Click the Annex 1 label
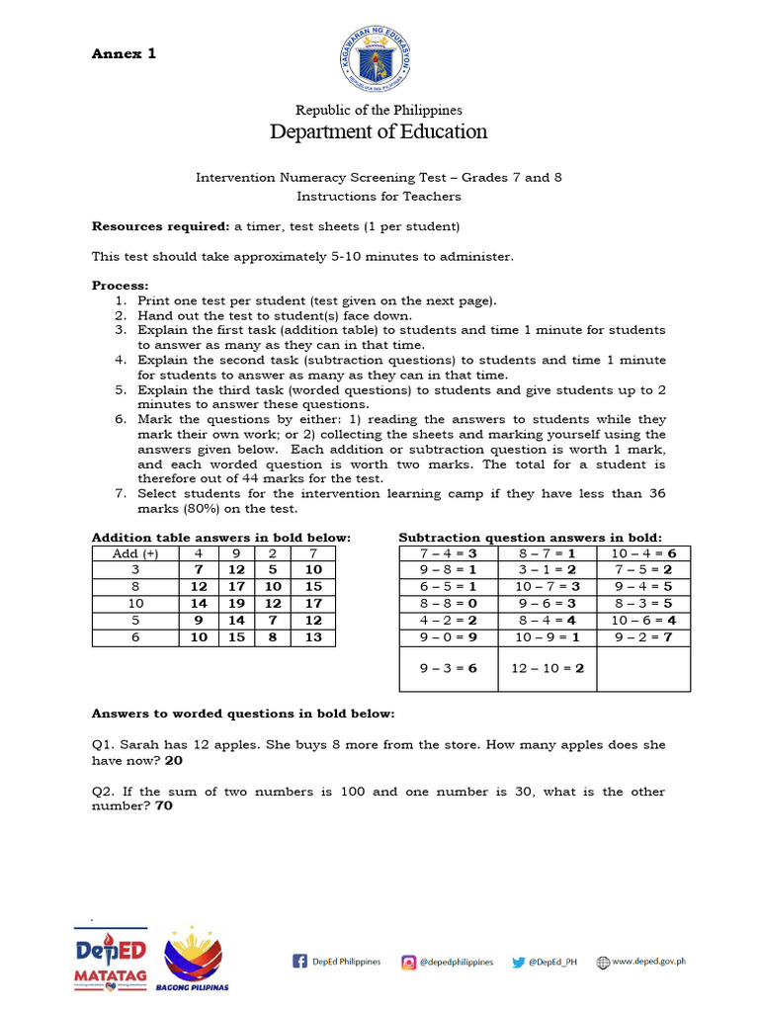(124, 54)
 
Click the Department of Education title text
(379, 131)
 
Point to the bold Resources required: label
(160, 226)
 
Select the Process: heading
(120, 286)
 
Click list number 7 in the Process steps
(121, 493)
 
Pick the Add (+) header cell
(135, 553)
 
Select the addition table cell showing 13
(312, 637)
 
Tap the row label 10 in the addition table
(135, 603)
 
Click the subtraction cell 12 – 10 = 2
(547, 668)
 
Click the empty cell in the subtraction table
(643, 668)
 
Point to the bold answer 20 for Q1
(174, 761)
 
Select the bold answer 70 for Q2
(164, 806)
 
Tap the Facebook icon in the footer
(299, 962)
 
